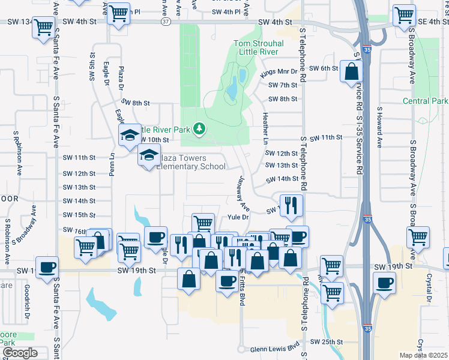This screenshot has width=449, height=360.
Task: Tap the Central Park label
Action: tap(426, 101)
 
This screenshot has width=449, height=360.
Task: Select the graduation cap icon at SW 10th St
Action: tap(129, 136)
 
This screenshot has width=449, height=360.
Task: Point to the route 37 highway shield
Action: tap(165, 21)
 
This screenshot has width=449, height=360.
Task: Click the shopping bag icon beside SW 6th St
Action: tap(351, 73)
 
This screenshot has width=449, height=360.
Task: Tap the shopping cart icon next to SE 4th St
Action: tap(405, 16)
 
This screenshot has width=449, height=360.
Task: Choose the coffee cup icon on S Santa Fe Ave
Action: tap(47, 268)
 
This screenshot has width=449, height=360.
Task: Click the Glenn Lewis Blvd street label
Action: tap(274, 348)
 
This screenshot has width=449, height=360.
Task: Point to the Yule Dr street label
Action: tap(238, 218)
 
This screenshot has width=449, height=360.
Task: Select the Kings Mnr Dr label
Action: tap(276, 72)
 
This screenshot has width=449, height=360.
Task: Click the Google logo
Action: tap(20, 353)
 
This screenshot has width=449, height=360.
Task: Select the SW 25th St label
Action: tap(326, 341)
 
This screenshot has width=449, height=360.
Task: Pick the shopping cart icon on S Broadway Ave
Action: tap(418, 237)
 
